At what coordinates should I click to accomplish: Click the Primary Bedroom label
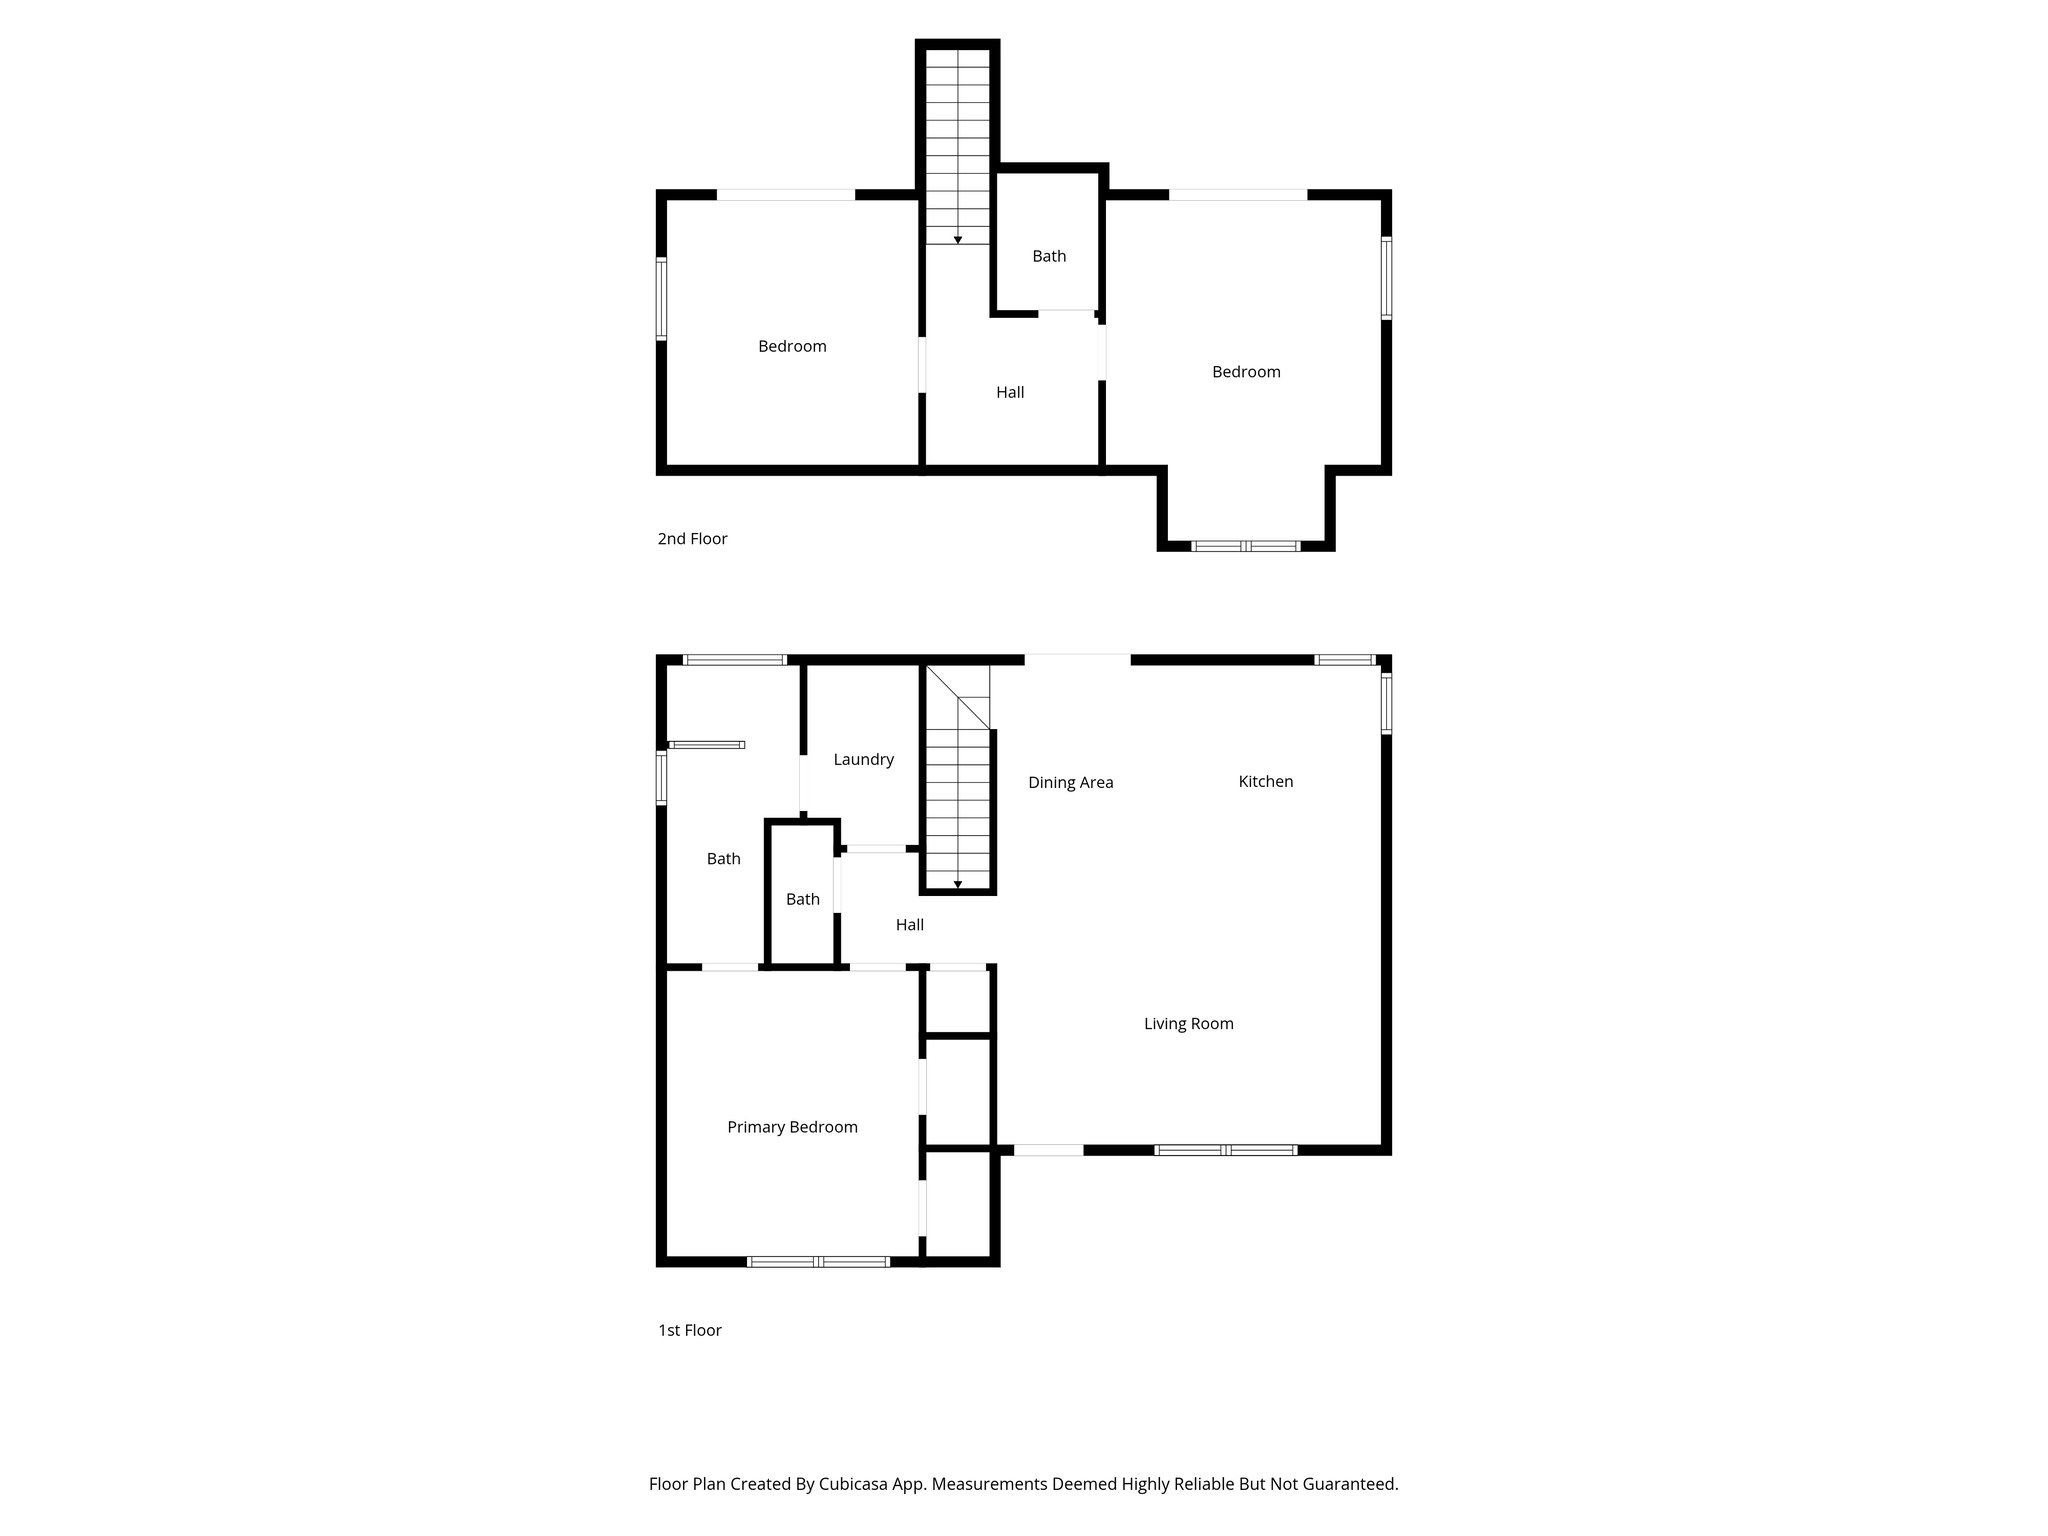click(x=792, y=1127)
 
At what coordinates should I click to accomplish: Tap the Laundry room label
click(x=863, y=759)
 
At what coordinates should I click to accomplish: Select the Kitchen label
click(x=1265, y=781)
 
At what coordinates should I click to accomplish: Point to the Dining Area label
click(x=1070, y=782)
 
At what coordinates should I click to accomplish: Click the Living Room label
click(x=1188, y=1023)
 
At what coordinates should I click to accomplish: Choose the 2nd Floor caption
click(x=692, y=538)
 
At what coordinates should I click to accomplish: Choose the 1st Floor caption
click(x=689, y=1329)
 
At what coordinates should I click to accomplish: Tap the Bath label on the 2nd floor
click(x=1049, y=256)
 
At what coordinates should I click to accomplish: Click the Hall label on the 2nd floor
click(x=1010, y=392)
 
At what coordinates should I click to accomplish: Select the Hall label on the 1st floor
click(x=909, y=924)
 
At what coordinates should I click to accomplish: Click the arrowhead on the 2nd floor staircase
click(x=958, y=240)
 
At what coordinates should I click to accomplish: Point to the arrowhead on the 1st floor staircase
click(x=958, y=884)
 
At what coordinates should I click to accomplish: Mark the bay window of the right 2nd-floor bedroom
click(x=1245, y=546)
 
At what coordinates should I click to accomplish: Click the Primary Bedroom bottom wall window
click(x=818, y=1261)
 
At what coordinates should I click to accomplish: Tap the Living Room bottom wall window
click(x=1225, y=1150)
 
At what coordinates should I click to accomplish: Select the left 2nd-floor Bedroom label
click(x=792, y=346)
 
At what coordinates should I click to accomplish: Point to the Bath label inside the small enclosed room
click(x=802, y=899)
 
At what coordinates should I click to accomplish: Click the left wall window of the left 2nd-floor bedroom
click(x=661, y=298)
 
